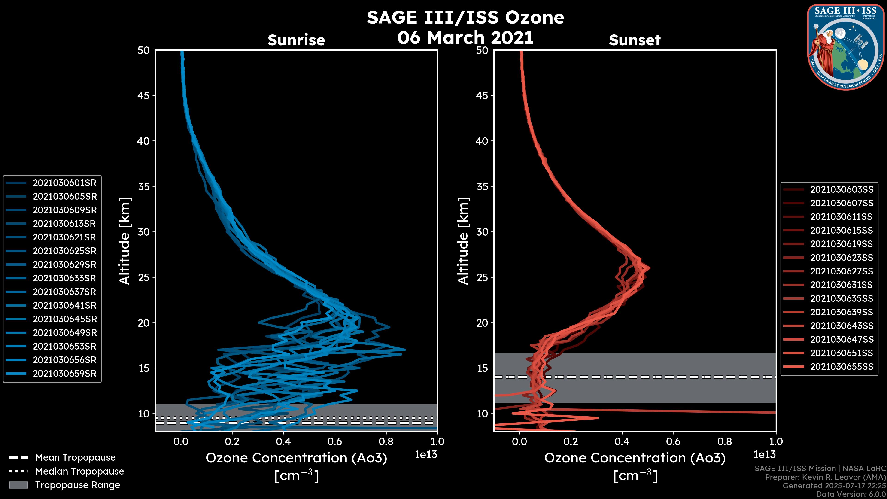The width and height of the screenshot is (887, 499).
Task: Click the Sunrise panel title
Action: pos(296,40)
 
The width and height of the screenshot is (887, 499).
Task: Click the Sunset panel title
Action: pos(635,40)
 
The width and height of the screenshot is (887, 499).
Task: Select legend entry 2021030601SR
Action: pos(65,183)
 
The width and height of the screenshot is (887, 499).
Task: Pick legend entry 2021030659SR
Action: pos(65,374)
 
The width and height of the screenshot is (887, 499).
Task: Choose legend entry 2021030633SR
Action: pos(65,278)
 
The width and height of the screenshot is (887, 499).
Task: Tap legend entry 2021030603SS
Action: pos(841,190)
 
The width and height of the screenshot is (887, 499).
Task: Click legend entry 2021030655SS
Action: pos(841,367)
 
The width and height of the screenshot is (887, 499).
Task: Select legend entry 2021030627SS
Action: pos(841,271)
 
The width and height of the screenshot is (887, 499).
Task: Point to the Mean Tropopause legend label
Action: pos(75,458)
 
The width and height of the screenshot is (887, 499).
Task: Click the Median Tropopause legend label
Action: pos(79,472)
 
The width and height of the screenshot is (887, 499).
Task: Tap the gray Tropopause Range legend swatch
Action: pos(18,485)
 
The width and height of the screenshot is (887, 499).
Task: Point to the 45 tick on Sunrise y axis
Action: pos(144,96)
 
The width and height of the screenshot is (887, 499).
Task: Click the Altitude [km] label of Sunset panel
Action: pos(463,241)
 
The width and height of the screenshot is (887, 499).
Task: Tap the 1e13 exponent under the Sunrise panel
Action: pos(426,455)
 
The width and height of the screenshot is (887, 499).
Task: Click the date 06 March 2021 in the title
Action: pos(465,37)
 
